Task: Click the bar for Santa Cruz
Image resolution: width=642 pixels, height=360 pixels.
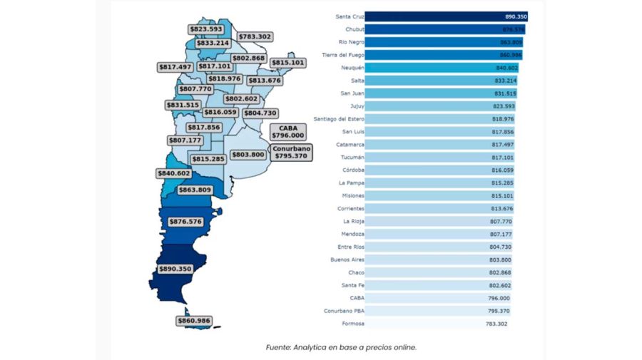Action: pyautogui.click(x=446, y=16)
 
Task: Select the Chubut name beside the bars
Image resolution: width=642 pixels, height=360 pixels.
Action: pyautogui.click(x=355, y=29)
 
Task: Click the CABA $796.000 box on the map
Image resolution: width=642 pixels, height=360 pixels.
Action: pyautogui.click(x=287, y=132)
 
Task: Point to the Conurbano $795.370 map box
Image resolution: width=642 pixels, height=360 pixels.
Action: pyautogui.click(x=290, y=152)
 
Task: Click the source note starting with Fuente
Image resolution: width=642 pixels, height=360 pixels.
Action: pyautogui.click(x=340, y=348)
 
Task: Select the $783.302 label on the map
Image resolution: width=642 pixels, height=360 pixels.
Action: pyautogui.click(x=255, y=36)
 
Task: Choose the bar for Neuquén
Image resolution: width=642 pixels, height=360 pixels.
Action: pyautogui.click(x=441, y=68)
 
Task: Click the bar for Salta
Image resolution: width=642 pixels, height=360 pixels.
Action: pyautogui.click(x=441, y=81)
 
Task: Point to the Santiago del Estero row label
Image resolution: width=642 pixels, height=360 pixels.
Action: pyautogui.click(x=339, y=119)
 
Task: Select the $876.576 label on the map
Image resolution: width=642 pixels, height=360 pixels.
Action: pyautogui.click(x=185, y=222)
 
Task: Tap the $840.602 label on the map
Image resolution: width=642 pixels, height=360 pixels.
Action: pyautogui.click(x=173, y=173)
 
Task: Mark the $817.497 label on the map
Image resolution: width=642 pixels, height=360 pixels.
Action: pyautogui.click(x=175, y=67)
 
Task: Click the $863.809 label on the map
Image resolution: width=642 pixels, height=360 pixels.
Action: pyautogui.click(x=195, y=190)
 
